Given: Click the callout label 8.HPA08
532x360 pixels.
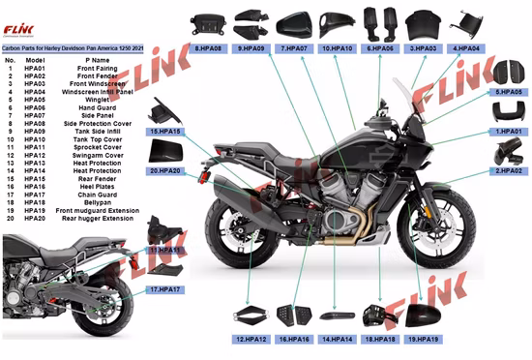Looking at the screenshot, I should (209, 46).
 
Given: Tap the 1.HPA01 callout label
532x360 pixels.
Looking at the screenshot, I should (509, 131).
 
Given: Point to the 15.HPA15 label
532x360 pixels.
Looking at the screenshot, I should (166, 131).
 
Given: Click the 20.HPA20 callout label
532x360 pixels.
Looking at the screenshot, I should (165, 170).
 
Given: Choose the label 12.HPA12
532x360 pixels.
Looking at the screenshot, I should (251, 340).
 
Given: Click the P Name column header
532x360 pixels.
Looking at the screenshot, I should (93, 61).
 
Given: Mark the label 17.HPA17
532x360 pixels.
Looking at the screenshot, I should (164, 289).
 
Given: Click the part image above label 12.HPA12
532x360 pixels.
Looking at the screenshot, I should (250, 316).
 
